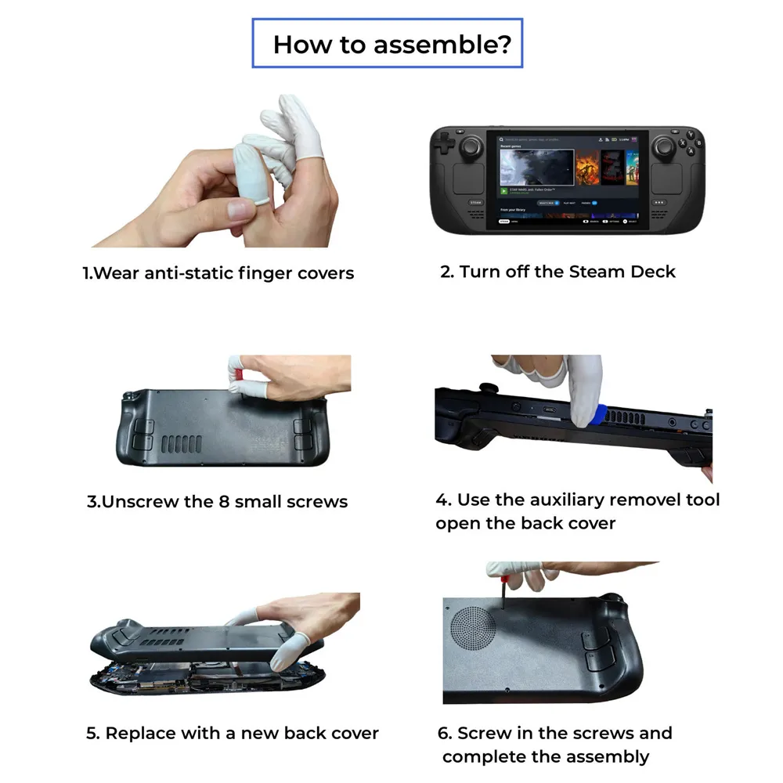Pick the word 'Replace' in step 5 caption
pos(142,734)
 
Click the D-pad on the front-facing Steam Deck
pos(446,144)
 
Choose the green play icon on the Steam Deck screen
pos(504,190)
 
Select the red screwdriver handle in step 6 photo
pos(496,579)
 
